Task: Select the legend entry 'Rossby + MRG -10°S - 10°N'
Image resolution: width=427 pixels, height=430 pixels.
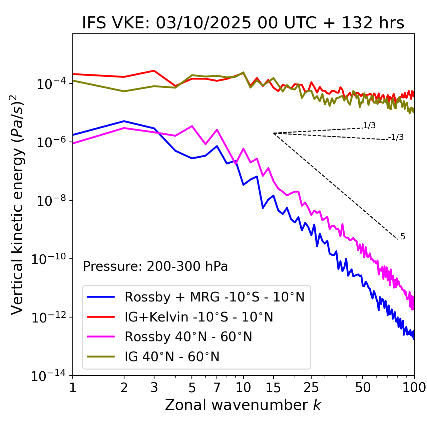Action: click(x=215, y=297)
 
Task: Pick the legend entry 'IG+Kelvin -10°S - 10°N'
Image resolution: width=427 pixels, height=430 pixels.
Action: click(x=199, y=317)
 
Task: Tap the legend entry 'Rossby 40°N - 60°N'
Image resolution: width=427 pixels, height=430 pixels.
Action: click(x=188, y=337)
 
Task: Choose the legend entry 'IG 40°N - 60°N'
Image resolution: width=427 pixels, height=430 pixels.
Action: click(x=172, y=357)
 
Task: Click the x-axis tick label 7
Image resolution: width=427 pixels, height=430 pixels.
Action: click(x=217, y=388)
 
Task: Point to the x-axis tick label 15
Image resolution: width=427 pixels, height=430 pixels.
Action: click(x=274, y=388)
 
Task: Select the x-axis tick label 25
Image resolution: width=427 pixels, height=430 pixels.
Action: click(x=311, y=388)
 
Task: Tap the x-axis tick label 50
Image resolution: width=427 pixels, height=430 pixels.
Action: click(x=363, y=388)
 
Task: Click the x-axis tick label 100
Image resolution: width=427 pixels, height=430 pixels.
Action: click(x=414, y=388)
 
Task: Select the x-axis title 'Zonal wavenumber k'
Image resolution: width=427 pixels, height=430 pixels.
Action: click(x=243, y=405)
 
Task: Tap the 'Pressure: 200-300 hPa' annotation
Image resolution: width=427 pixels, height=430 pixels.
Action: click(x=155, y=266)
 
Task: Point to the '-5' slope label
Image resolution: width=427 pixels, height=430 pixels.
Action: click(x=402, y=237)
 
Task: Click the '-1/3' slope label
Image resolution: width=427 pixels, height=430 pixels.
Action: click(x=396, y=137)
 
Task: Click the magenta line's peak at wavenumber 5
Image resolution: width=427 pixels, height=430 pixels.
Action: click(x=192, y=126)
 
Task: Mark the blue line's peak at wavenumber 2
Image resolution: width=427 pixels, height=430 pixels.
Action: click(x=124, y=121)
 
